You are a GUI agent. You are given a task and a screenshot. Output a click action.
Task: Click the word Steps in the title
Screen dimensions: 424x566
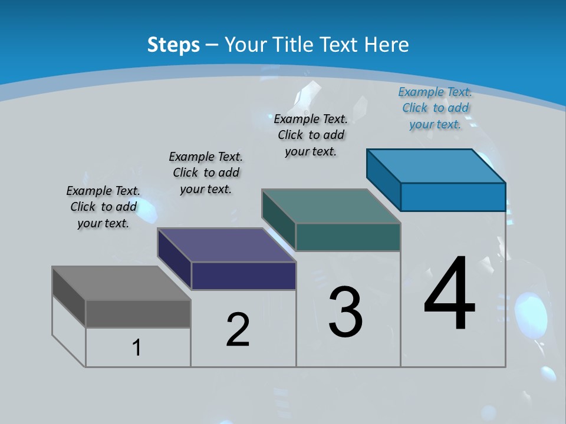coord(173,45)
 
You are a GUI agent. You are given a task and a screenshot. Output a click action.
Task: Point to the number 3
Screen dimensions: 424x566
coord(345,312)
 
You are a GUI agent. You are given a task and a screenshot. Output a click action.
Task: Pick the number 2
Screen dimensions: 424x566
coord(238,329)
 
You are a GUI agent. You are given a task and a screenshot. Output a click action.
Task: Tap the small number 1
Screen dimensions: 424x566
coord(137,347)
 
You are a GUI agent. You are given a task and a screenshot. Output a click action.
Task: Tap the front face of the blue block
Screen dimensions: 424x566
coord(453,197)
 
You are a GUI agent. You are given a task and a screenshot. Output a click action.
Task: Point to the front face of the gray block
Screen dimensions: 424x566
coord(138,313)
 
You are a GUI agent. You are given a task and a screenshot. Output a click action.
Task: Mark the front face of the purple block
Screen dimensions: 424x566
coord(243,276)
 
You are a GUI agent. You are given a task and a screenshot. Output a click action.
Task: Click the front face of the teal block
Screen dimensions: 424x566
coord(348,237)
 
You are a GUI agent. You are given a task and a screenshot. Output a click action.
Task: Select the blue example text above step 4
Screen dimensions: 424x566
coord(435,108)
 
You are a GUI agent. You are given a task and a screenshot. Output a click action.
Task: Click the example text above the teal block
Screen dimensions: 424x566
coord(311,135)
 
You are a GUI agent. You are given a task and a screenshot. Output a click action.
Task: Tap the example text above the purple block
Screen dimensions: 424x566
coord(206,173)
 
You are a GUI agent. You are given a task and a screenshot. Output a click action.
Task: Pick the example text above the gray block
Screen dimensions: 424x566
coord(103,207)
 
